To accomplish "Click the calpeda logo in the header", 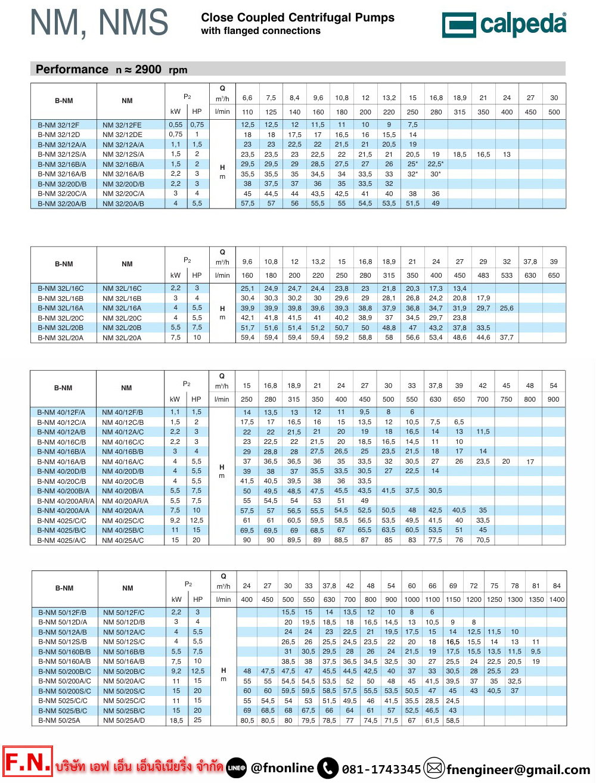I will (504, 24).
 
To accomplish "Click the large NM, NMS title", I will (100, 23).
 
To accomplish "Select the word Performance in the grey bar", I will (72, 69).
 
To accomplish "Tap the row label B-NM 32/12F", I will (58, 125).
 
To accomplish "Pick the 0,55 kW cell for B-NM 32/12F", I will (175, 125).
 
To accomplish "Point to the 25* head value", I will (412, 164).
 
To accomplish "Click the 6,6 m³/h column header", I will (247, 98).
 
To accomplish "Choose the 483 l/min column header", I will (483, 276).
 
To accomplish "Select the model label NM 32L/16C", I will (122, 288).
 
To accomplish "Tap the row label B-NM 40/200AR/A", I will (66, 501).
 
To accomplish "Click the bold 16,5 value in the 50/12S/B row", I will (453, 642).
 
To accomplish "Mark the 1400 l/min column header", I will (557, 599).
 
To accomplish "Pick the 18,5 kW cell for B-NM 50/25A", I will (176, 720).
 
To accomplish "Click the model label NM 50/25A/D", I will (124, 720).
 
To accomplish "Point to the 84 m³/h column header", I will (557, 586).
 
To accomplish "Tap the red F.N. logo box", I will (27, 762).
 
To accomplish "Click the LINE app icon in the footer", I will (237, 768).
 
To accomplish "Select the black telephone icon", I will (328, 768).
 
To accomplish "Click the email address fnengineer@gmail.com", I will (518, 770).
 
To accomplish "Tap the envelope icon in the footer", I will (434, 768).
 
